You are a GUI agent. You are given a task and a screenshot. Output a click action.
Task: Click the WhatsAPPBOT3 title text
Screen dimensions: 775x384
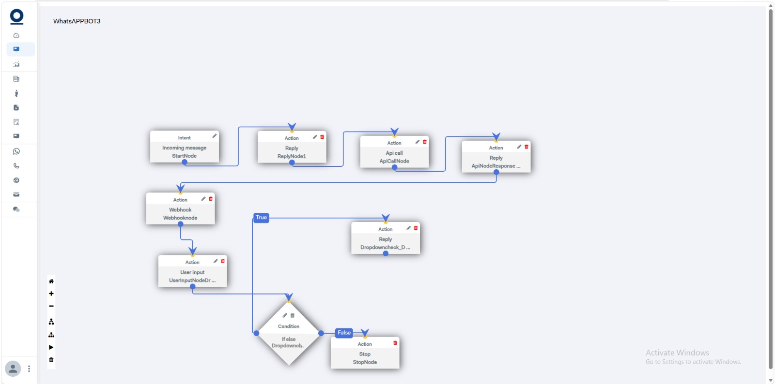[x=77, y=21]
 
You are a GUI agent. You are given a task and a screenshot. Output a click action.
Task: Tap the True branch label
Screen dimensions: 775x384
[x=261, y=218]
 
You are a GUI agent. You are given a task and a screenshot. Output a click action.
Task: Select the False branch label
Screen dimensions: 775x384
[x=344, y=333]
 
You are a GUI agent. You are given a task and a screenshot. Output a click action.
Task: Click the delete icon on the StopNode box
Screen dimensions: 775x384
[x=395, y=343]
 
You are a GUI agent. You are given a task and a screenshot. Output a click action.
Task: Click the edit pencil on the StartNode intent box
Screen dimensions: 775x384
[x=215, y=136]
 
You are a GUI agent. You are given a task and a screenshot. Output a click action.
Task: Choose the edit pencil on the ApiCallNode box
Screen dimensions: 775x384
[x=417, y=142]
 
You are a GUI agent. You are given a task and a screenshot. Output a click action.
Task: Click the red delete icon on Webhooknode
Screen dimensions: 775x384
[x=211, y=199]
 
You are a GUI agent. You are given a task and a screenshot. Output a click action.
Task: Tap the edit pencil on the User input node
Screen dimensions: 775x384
[x=215, y=261]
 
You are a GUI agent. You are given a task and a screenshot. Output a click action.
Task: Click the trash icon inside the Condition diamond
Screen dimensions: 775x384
[x=293, y=315]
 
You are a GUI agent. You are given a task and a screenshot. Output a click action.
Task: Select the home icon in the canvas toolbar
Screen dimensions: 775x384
[x=51, y=281]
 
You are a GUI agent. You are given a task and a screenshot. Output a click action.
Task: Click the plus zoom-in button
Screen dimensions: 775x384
[x=51, y=294]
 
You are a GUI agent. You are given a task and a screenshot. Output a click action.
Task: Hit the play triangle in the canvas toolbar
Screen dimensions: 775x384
[x=51, y=347]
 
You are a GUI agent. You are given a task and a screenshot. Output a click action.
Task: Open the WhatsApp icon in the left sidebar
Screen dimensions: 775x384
[x=16, y=151]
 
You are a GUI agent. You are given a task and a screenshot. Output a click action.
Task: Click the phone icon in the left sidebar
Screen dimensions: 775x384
[x=16, y=166]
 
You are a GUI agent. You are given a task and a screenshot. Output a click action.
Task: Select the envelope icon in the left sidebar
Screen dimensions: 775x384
[x=16, y=194]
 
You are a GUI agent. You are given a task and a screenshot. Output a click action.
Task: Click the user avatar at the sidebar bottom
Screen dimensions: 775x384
[x=13, y=369]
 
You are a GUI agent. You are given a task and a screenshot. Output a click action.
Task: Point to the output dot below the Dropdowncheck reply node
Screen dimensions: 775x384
[x=386, y=253]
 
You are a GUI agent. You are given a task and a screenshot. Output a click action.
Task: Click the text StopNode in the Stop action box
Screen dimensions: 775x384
[x=365, y=362]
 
